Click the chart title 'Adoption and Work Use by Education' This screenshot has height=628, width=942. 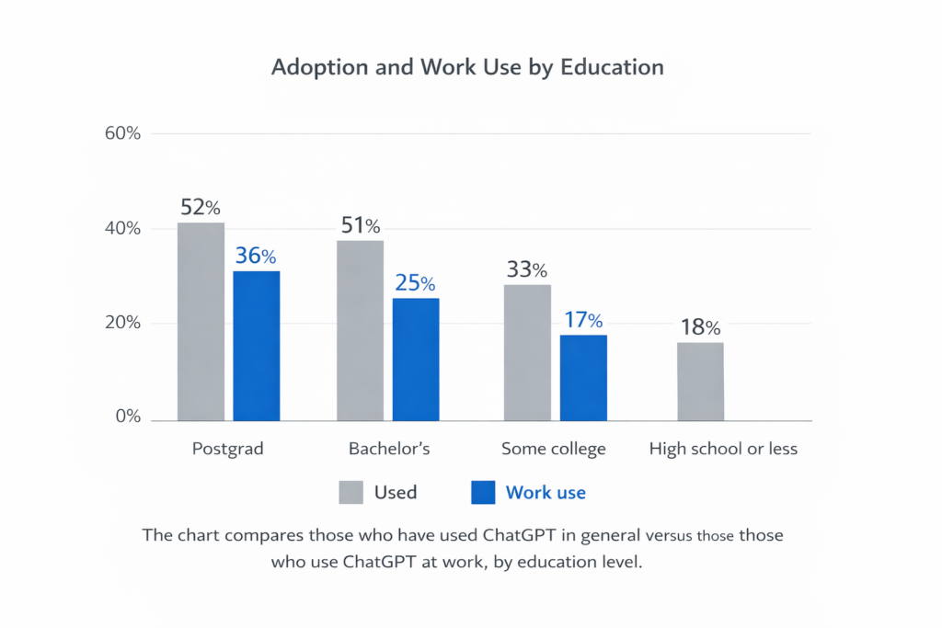point(467,68)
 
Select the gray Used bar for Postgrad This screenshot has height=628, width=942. point(201,321)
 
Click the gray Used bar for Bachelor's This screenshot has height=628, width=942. point(360,330)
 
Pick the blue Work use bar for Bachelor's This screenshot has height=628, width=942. point(417,359)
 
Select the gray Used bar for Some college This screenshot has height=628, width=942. point(527,352)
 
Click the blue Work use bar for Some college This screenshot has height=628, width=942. point(583,377)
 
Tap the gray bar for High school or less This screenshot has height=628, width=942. point(700,381)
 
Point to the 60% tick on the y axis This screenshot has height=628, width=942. point(122,133)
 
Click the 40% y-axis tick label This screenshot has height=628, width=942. point(122,228)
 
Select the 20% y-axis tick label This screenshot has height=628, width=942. point(122,323)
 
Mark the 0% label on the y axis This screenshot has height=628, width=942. point(127,417)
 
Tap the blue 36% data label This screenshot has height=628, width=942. point(256,256)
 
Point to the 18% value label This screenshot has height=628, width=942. point(700,327)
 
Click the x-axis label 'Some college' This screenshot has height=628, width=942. point(554,450)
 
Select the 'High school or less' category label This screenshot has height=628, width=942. point(723,450)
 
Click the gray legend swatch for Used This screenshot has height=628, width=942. point(350,493)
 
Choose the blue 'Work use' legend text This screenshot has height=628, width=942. point(546,493)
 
